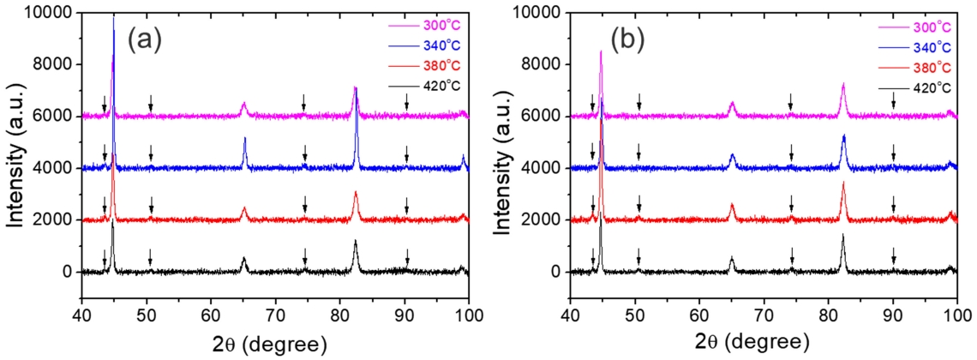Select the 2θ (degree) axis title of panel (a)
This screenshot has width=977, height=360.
pos(274,345)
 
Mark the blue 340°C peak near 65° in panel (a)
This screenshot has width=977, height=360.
pos(244,139)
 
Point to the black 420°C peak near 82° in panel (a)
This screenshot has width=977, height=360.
pos(356,242)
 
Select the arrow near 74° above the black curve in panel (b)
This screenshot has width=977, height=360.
pos(791,255)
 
